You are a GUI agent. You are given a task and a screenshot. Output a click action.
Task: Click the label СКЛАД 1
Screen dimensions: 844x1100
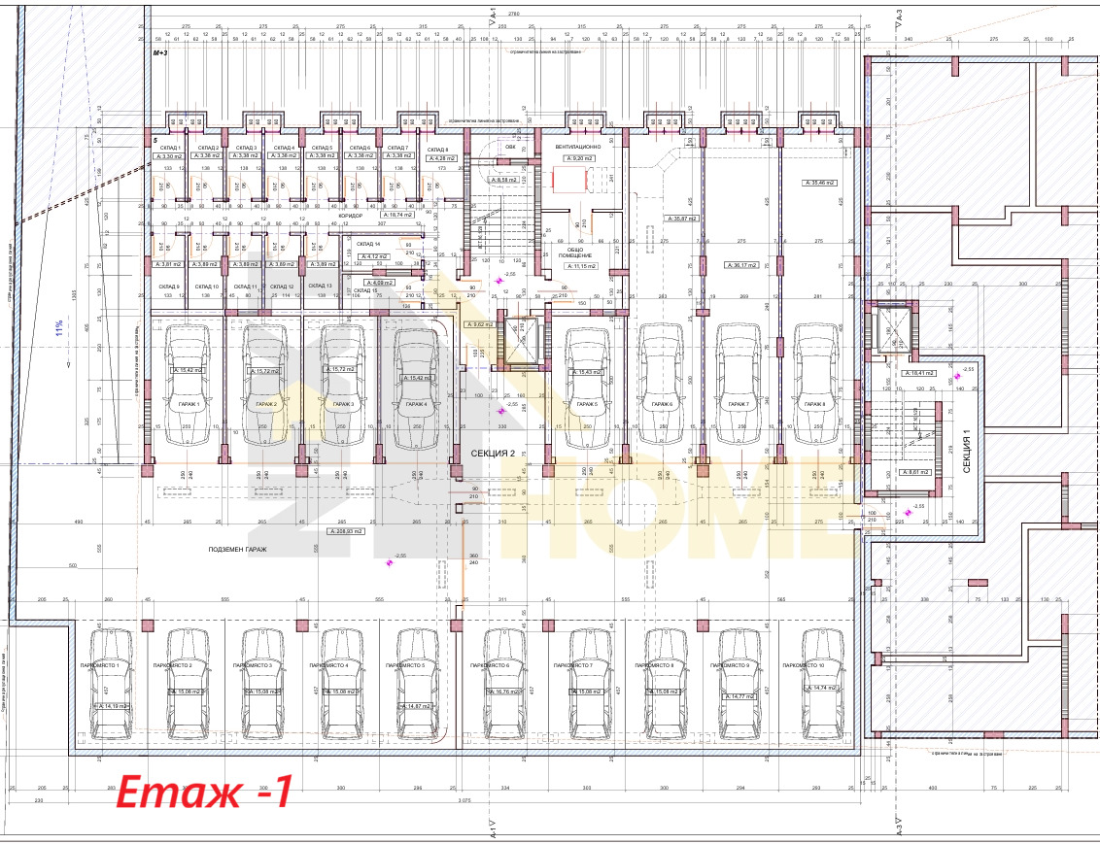pos(171,147)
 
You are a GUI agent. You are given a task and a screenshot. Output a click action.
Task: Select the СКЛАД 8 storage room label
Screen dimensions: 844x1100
pos(438,148)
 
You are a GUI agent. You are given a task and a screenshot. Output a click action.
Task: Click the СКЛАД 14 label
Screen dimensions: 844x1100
pos(368,244)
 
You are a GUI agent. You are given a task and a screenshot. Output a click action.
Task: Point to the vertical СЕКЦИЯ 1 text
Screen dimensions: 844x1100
pos(968,451)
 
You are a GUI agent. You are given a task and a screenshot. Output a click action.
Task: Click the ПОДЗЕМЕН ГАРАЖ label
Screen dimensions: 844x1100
pos(236,550)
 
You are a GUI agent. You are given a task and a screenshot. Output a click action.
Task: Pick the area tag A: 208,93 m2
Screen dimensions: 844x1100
pos(345,532)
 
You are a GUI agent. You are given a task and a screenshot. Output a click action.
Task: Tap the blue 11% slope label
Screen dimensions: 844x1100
pos(59,329)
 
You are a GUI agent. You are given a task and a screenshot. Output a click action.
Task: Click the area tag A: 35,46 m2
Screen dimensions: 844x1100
pos(819,183)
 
